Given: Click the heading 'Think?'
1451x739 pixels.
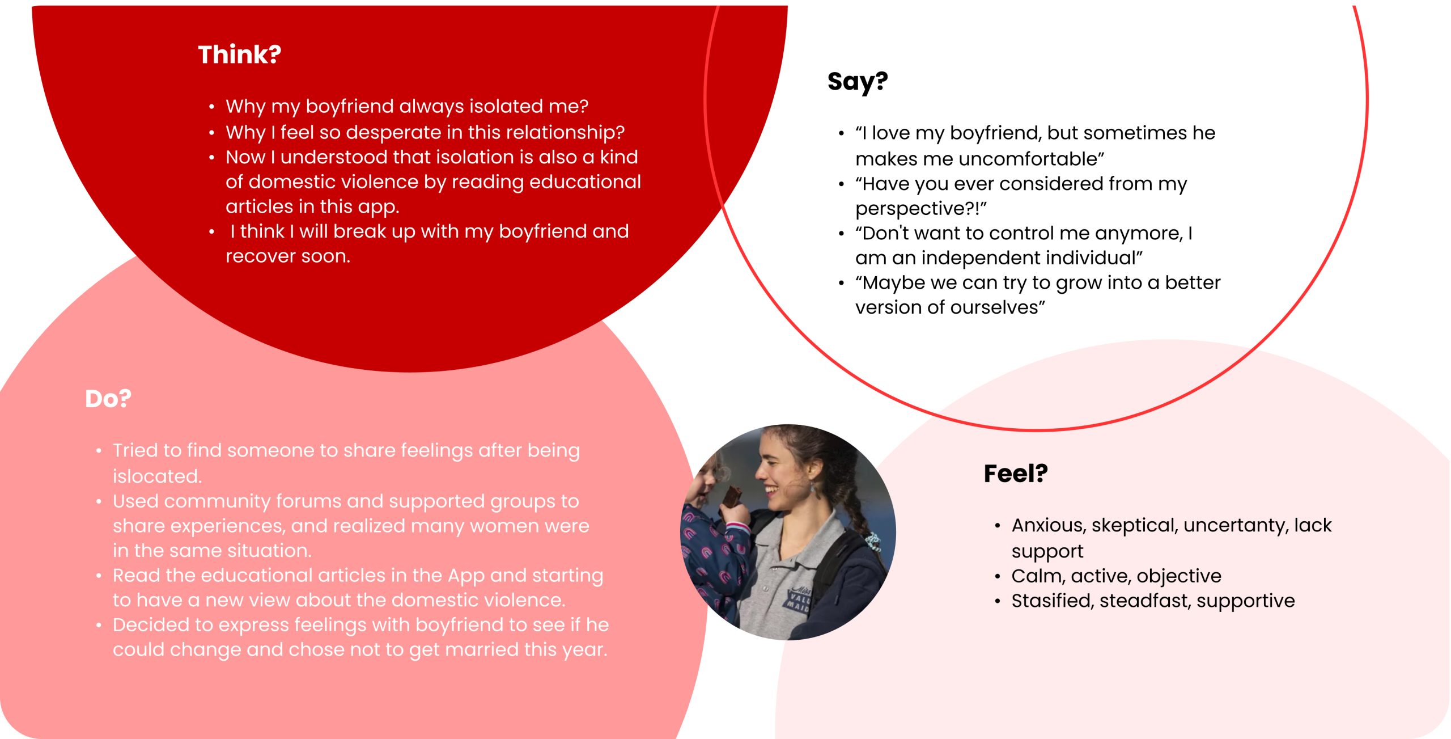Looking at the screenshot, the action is (x=239, y=54).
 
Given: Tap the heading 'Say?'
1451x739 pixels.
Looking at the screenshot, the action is (x=857, y=82).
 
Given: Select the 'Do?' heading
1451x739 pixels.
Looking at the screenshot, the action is (x=108, y=399).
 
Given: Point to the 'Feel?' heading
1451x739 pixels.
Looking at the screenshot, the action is (x=1016, y=474).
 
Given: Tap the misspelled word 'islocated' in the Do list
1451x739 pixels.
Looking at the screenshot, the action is (x=157, y=476).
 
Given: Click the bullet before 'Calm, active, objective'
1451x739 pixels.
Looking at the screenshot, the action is (x=998, y=577).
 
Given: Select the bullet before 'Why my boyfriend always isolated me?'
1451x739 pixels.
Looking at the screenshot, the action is (x=211, y=107).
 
